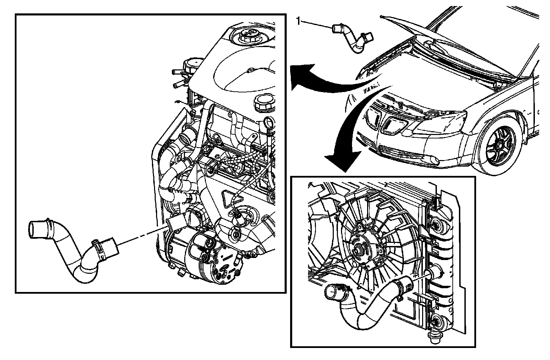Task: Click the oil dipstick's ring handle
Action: (x=268, y=122)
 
